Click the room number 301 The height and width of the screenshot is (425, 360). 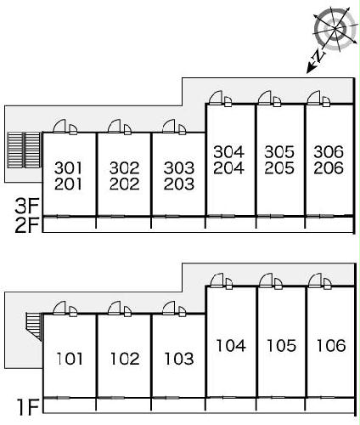[68, 167]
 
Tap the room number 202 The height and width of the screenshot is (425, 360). [124, 184]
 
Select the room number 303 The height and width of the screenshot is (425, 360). [179, 167]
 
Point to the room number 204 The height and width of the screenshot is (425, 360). [228, 167]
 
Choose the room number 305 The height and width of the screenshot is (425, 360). [279, 152]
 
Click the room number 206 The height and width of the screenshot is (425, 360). [329, 167]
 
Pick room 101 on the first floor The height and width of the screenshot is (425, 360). [70, 359]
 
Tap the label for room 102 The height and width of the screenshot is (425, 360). [125, 359]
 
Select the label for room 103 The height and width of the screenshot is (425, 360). [179, 359]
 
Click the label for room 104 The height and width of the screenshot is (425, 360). [231, 346]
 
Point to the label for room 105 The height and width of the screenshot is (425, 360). [282, 346]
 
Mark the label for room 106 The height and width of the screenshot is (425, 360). [331, 346]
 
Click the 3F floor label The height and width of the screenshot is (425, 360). [27, 206]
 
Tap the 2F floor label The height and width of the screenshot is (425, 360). [27, 225]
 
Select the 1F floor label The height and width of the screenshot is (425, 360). [28, 407]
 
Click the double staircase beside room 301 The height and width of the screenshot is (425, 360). [24, 150]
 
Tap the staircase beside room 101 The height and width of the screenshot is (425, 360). [34, 326]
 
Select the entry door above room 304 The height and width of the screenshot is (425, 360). [216, 98]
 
